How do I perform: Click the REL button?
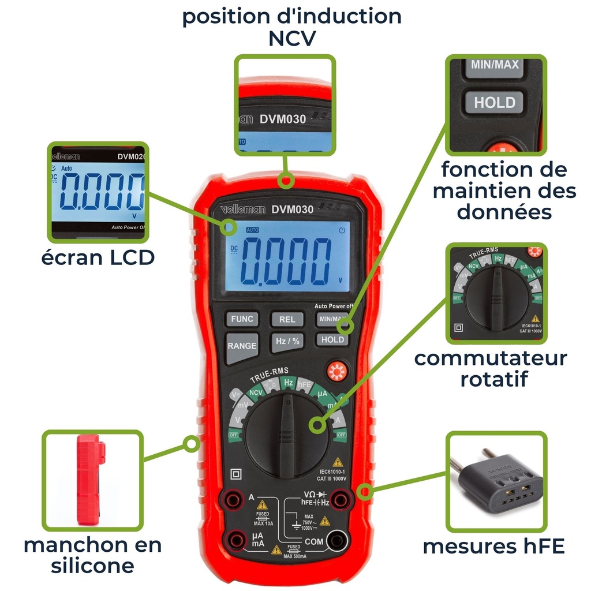287,319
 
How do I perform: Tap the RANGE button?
242,346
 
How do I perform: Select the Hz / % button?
287,341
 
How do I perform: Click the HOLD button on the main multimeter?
332,339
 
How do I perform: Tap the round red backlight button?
336,372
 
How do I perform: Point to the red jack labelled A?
233,499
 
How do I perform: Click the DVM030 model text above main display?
293,210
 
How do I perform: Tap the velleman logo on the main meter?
242,211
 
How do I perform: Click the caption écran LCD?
98,257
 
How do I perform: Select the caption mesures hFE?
493,546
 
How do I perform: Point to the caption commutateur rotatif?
491,368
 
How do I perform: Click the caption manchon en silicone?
92,555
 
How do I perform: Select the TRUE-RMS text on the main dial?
269,375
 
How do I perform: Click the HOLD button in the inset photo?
494,103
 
